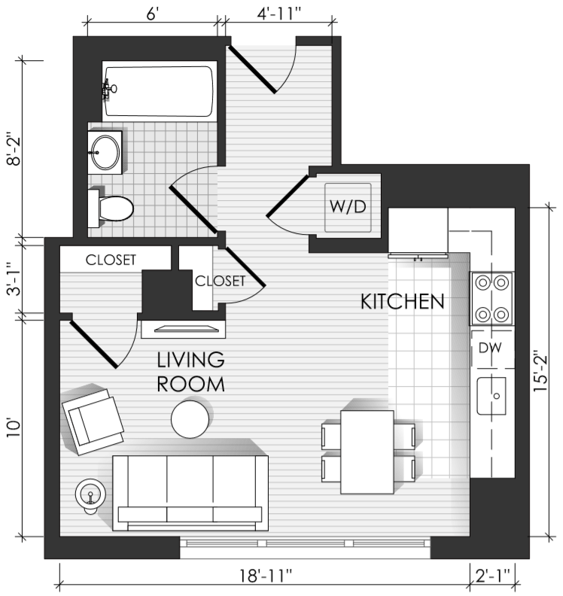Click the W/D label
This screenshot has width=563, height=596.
pos(348,207)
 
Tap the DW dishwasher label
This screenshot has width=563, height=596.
pos(490,348)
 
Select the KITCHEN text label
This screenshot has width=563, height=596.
pos(402,302)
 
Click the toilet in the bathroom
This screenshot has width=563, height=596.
pos(111,208)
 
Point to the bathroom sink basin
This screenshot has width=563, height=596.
pos(105,153)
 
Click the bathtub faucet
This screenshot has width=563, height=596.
pos(108,90)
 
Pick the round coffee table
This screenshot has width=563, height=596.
pos(190,419)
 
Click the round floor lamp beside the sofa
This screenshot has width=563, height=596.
pos(90,495)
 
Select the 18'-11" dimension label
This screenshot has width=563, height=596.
pos(266,576)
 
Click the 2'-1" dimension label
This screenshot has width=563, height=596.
pos(493,576)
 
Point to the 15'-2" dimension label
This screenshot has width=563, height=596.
pos(540,370)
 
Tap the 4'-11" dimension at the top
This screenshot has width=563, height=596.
pos(278,14)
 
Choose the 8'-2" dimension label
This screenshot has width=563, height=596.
pos(14,148)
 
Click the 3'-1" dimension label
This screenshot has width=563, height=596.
pos(14,279)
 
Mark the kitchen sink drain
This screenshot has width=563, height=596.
pos(497,396)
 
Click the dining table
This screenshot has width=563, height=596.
pos(367,452)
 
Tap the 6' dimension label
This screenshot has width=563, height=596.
pos(152,14)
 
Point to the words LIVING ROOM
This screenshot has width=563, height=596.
pos(190,372)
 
